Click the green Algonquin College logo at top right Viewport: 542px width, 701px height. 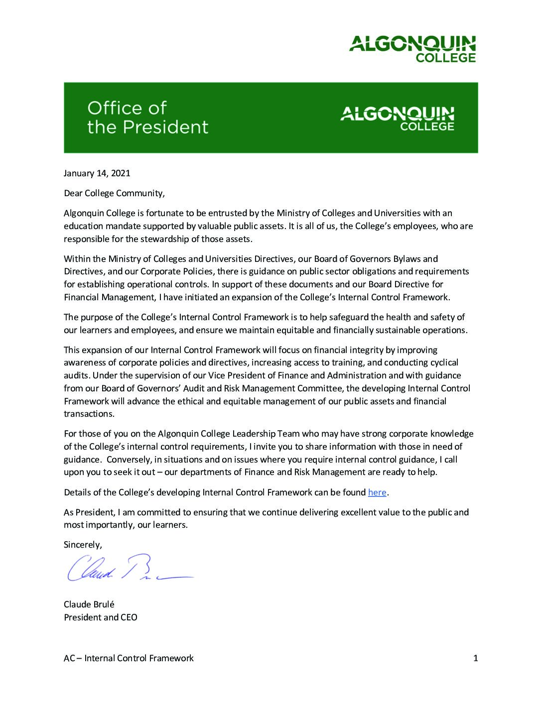pyautogui.click(x=412, y=49)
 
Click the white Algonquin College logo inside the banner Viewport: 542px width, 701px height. pyautogui.click(x=397, y=118)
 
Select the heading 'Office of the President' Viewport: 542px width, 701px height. pyautogui.click(x=147, y=117)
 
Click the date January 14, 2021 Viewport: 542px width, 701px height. pyautogui.click(x=97, y=173)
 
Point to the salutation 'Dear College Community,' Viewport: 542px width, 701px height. pyautogui.click(x=114, y=193)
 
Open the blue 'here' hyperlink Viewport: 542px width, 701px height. pyautogui.click(x=377, y=492)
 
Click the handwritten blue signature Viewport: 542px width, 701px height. pyautogui.click(x=129, y=568)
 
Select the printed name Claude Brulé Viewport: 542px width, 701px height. pyautogui.click(x=89, y=604)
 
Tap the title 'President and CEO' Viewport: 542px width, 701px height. pyautogui.click(x=100, y=617)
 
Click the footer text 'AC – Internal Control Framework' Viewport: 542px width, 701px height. pyautogui.click(x=129, y=658)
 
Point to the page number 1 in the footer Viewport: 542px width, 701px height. pyautogui.click(x=475, y=658)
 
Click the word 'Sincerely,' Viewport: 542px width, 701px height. pyautogui.click(x=83, y=545)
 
